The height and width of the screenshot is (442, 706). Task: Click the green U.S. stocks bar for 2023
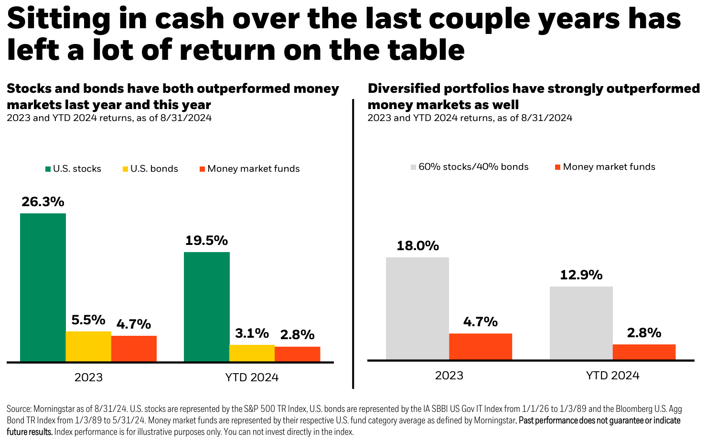click(43, 287)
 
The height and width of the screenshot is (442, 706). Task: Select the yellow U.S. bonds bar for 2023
click(88, 346)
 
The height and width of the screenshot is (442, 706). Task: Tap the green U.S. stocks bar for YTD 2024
click(206, 307)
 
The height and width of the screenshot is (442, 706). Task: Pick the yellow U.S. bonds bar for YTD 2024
click(252, 353)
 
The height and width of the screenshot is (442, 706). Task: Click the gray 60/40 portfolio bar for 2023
click(417, 309)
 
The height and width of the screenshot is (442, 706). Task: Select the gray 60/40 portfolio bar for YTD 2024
click(581, 323)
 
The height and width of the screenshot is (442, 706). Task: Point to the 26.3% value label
click(43, 202)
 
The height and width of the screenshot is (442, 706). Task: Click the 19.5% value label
click(206, 241)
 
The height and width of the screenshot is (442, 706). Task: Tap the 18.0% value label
click(417, 246)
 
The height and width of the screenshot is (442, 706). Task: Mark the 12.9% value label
click(581, 275)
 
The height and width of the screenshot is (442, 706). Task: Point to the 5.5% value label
click(88, 320)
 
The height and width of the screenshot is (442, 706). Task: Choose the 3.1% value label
click(252, 333)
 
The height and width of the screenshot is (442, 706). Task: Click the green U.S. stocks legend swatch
click(48, 169)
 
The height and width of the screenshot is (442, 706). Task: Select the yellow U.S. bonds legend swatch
click(126, 169)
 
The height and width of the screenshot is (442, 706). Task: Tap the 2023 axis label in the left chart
click(88, 377)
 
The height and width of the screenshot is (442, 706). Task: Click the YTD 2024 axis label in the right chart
click(612, 376)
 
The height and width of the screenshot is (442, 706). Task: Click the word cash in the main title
click(190, 19)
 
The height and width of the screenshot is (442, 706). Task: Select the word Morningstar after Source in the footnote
click(53, 409)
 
